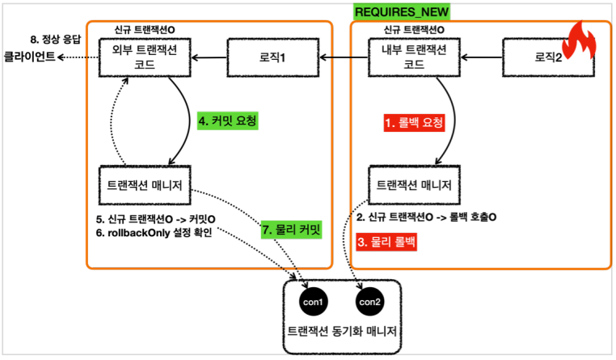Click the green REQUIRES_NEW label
[402, 11]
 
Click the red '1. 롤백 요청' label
[414, 123]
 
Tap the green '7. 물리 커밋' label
[290, 230]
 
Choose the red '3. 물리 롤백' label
[389, 241]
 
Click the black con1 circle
[312, 302]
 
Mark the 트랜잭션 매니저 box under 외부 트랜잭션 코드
[145, 187]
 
